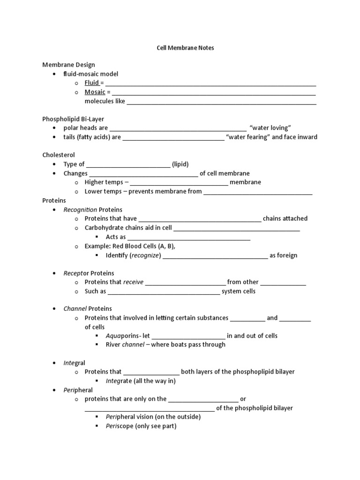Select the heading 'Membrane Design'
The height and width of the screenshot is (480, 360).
click(x=68, y=65)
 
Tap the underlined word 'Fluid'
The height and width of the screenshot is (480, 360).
click(x=92, y=83)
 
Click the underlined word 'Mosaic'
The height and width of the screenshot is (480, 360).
click(x=95, y=92)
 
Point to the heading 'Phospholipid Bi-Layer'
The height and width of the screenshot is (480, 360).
click(x=73, y=119)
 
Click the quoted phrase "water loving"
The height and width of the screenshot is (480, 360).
click(x=271, y=128)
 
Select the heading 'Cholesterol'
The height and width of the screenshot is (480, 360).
click(x=59, y=155)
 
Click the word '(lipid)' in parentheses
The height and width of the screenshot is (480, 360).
click(x=180, y=164)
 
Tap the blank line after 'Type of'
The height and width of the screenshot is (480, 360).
click(x=128, y=165)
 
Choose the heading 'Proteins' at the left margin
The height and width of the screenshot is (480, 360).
click(x=54, y=200)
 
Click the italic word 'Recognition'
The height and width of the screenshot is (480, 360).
click(x=80, y=210)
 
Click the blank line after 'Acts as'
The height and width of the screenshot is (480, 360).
click(x=189, y=238)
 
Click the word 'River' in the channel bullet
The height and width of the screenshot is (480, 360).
click(x=113, y=345)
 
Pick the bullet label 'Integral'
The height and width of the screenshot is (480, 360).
click(x=74, y=363)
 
